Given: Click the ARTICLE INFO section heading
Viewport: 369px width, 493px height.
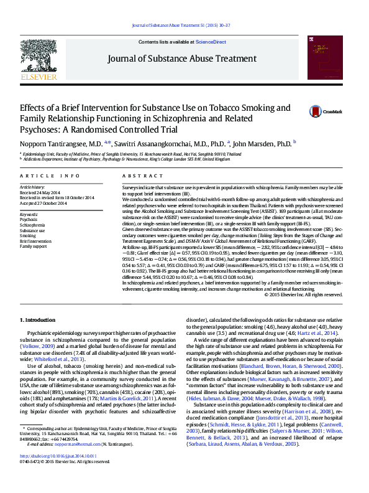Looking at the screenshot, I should [x=50, y=176].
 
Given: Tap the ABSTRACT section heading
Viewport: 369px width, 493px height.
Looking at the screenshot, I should [x=140, y=176].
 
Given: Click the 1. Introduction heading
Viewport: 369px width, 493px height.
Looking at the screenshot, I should [x=39, y=319].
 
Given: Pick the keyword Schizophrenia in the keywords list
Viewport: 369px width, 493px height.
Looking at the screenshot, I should [x=33, y=225].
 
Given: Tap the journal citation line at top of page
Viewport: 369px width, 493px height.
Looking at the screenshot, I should [x=184, y=25].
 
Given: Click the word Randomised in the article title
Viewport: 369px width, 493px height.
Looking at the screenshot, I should [x=116, y=129].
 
